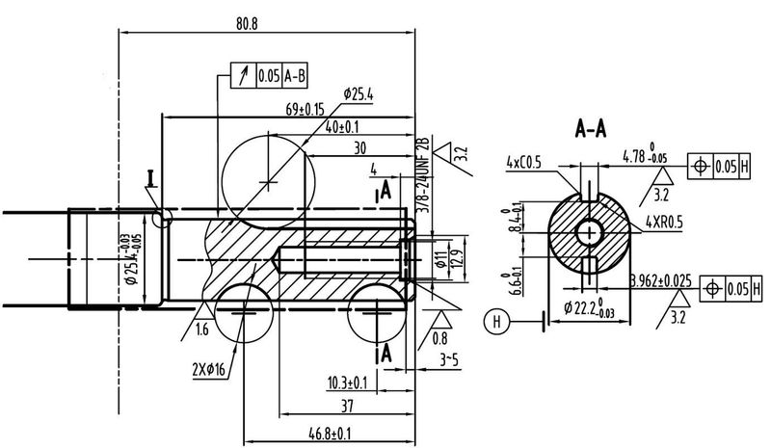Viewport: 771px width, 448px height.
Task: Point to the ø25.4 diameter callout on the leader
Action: [359, 93]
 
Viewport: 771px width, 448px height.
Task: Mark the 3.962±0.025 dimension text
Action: [665, 281]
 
